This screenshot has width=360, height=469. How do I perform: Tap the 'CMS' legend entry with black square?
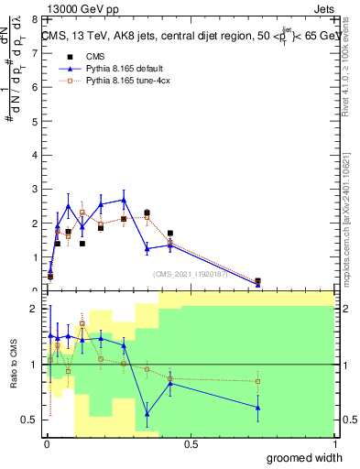pyautogui.click(x=94, y=57)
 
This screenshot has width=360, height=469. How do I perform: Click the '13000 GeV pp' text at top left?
pyautogui.click(x=79, y=9)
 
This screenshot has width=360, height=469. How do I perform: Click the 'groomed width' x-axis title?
pyautogui.click(x=302, y=457)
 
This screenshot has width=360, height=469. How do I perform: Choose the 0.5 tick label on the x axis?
pyautogui.click(x=191, y=444)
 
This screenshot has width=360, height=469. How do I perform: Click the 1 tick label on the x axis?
pyautogui.click(x=333, y=444)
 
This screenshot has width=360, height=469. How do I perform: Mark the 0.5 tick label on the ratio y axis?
pyautogui.click(x=29, y=420)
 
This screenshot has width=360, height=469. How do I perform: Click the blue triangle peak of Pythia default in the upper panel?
pyautogui.click(x=124, y=199)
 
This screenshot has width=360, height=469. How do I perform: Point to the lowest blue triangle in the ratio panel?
pyautogui.click(x=147, y=413)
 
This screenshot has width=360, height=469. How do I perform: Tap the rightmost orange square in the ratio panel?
pyautogui.click(x=258, y=381)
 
